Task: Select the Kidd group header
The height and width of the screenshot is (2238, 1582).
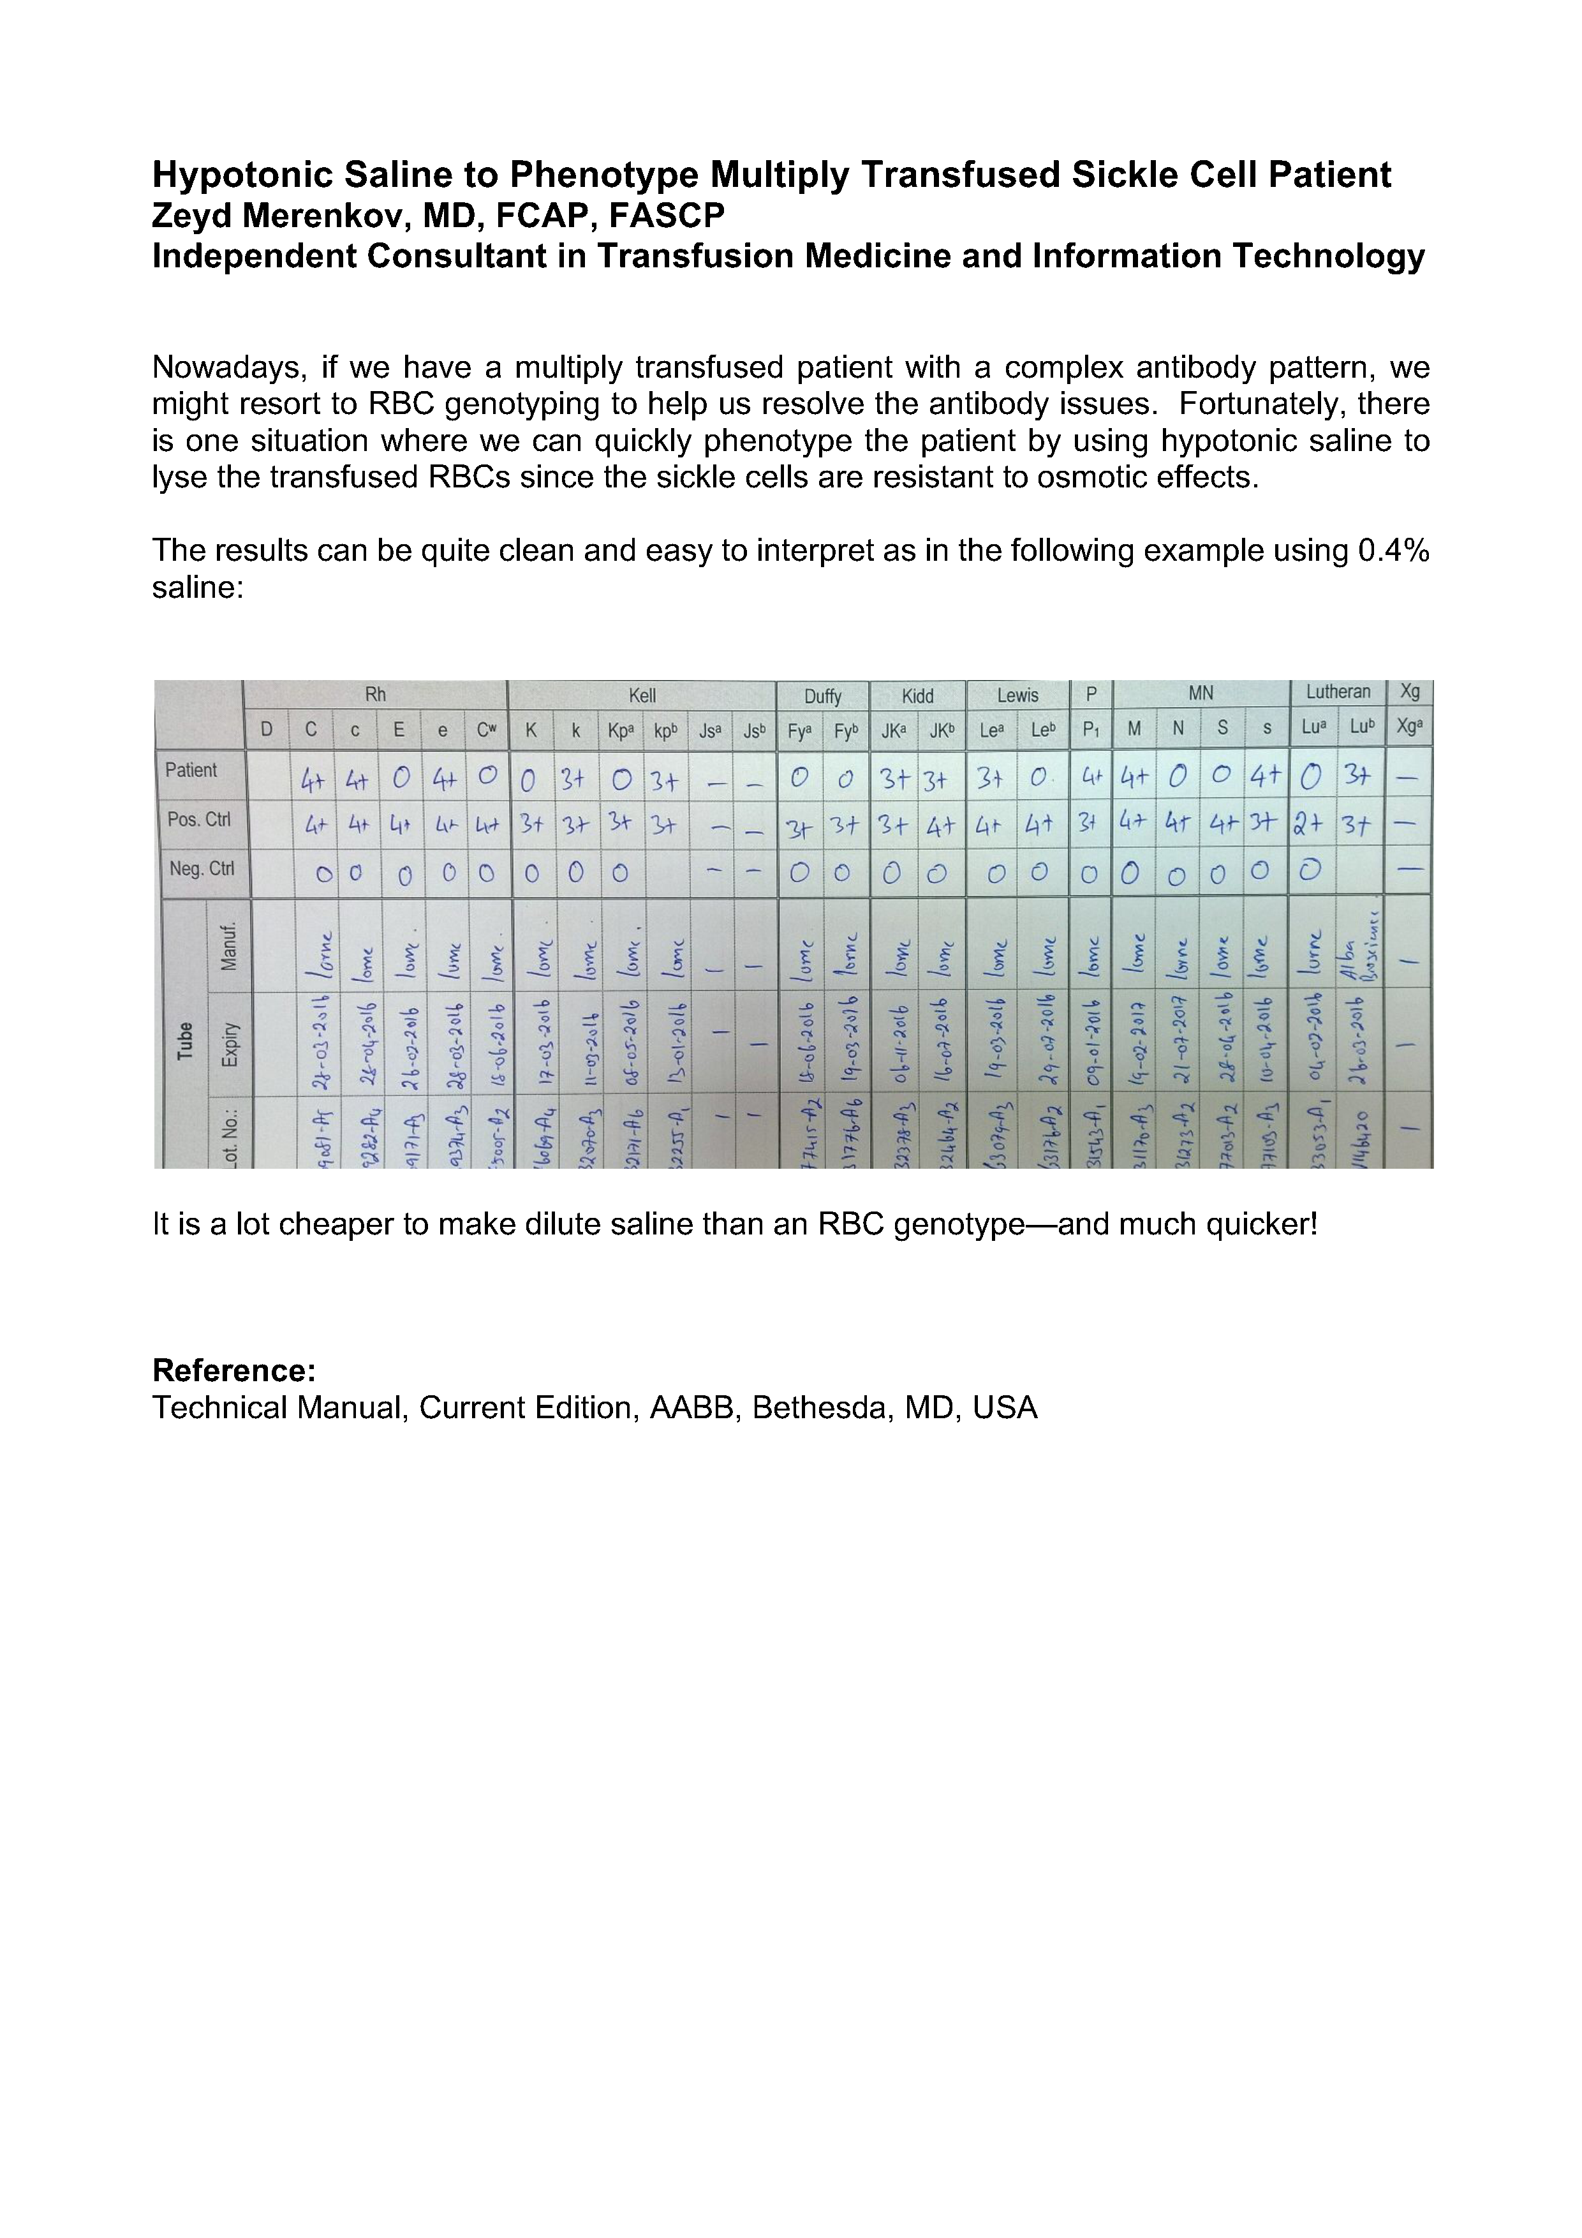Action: point(917,696)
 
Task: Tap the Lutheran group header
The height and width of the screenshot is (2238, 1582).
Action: point(1337,692)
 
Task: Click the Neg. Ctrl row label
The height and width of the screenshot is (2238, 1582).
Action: point(202,868)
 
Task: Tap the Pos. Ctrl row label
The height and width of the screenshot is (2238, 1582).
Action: point(199,820)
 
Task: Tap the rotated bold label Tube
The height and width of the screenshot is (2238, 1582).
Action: point(184,1040)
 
